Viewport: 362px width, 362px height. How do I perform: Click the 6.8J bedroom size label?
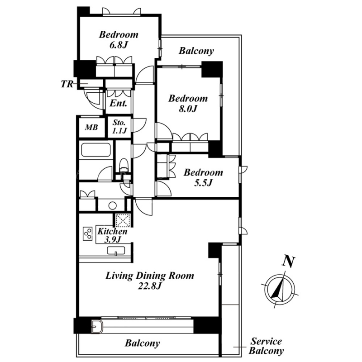point(119,45)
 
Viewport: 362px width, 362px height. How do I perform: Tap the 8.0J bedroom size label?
point(188,109)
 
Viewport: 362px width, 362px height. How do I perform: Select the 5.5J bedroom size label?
point(203,183)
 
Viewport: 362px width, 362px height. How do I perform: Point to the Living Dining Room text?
point(150,276)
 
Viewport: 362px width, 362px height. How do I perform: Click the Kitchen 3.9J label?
point(112,235)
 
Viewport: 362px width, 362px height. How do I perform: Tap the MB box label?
point(91,127)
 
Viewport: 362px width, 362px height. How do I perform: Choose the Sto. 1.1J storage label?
point(119,127)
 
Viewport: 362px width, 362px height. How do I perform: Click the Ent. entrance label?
point(119,103)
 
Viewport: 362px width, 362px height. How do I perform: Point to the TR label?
point(67,84)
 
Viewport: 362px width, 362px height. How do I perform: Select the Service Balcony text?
point(266,346)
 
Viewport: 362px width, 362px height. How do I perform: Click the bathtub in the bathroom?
point(96,150)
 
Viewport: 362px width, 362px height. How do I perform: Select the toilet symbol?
point(124,165)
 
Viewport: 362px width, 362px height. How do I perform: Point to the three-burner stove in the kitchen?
point(88,234)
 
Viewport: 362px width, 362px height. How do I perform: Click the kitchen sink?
point(116,251)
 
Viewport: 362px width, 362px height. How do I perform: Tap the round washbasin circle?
point(112,206)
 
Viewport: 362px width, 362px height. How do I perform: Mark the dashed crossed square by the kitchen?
point(123,220)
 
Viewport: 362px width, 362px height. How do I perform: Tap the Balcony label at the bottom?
point(143,343)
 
